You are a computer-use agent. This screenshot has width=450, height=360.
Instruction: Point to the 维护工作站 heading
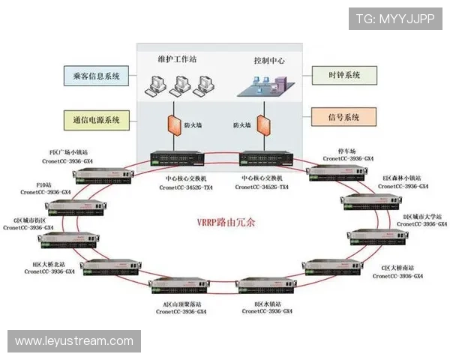[177, 58]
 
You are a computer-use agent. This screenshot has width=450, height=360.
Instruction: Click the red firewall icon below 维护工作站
[169, 123]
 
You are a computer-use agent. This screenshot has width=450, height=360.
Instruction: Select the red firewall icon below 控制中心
[264, 123]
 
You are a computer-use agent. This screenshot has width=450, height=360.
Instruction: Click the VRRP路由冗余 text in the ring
[226, 223]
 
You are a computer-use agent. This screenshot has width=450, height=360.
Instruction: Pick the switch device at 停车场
[337, 174]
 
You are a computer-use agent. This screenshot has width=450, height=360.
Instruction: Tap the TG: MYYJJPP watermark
[394, 18]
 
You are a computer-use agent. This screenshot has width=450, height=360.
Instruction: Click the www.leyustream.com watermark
[74, 341]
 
